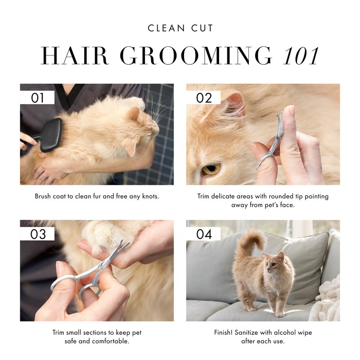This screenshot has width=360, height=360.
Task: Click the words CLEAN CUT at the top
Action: pos(180,28)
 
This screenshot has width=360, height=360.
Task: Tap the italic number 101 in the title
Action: pos(301,56)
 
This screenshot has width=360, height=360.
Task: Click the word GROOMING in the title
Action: pos(196,56)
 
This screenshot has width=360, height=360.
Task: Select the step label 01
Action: pos(37,98)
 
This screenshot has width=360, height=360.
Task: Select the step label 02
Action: pos(204,98)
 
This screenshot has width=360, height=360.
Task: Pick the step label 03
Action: pos(38,234)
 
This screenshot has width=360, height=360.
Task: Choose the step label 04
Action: pos(204,234)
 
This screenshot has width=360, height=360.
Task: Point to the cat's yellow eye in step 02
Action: pos(211,169)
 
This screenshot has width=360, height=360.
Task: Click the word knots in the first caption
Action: pos(150,196)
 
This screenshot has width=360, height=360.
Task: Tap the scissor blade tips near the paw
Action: pos(123,245)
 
